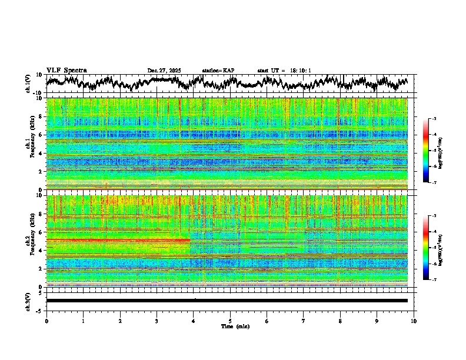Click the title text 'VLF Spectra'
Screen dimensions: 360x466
click(x=66, y=71)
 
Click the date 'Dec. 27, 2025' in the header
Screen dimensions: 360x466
click(x=164, y=71)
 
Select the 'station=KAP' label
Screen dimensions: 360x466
click(x=218, y=71)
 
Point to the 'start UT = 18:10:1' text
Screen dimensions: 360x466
click(x=284, y=71)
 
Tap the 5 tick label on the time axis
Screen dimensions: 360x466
click(x=230, y=321)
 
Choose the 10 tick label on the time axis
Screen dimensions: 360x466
click(x=414, y=321)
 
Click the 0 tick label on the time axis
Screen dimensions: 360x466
click(x=46, y=321)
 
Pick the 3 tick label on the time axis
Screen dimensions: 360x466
click(x=157, y=321)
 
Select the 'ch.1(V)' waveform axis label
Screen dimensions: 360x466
click(x=28, y=84)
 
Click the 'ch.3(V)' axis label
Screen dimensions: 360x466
click(x=28, y=300)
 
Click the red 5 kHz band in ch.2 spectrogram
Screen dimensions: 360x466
click(x=118, y=240)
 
